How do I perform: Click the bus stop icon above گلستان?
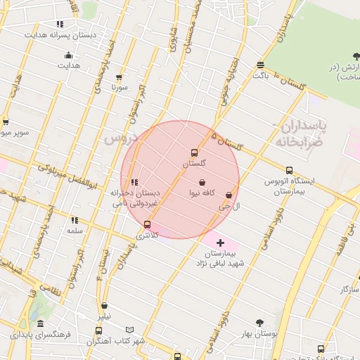coord(195,153)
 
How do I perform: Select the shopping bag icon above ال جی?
coord(229,195)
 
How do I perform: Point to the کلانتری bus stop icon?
coord(147,225)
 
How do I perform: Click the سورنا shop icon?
coord(119,78)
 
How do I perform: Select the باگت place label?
coord(261,75)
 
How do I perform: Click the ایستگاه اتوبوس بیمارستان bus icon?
coord(289,170)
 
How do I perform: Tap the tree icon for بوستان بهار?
coord(260,323)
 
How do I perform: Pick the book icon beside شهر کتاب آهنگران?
coord(129,330)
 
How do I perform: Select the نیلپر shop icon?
coord(105,306)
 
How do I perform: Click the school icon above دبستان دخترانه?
coord(134,182)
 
